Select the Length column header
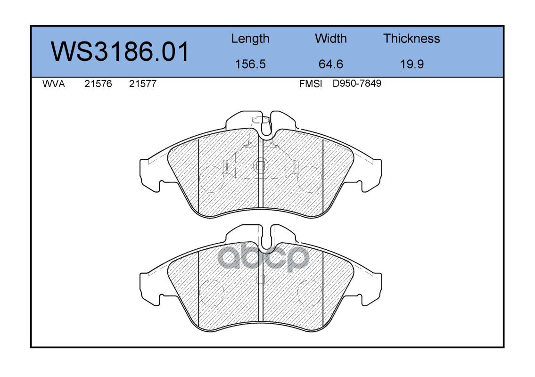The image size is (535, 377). click(250, 39)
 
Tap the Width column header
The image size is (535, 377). click(330, 39)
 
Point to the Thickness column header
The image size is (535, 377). click(412, 39)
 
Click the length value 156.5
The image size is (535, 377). click(250, 64)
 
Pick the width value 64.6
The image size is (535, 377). click(330, 64)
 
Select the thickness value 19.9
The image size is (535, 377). click(412, 64)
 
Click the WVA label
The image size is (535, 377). click(54, 84)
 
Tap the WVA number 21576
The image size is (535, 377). click(98, 84)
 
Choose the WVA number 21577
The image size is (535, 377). click(143, 84)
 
